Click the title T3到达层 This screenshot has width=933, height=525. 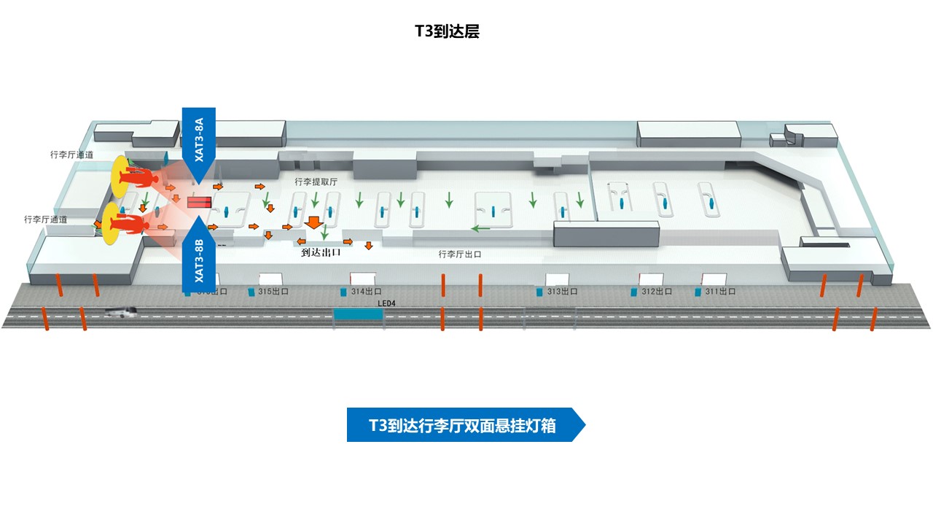[447, 31]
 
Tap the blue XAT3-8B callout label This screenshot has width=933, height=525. [198, 260]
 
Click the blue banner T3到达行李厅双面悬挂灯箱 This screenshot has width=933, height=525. [464, 425]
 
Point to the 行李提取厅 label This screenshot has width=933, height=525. [316, 182]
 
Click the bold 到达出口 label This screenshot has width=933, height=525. [321, 253]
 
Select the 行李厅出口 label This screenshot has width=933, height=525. [459, 254]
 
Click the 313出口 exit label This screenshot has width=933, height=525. [562, 292]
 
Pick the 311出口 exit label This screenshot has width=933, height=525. [719, 292]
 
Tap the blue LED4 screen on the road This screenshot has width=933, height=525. [357, 315]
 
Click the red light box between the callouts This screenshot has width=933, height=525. [199, 202]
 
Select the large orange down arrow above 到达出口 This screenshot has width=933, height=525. [314, 222]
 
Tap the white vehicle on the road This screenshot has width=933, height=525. [122, 311]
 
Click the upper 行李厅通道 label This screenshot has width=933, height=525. [71, 155]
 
